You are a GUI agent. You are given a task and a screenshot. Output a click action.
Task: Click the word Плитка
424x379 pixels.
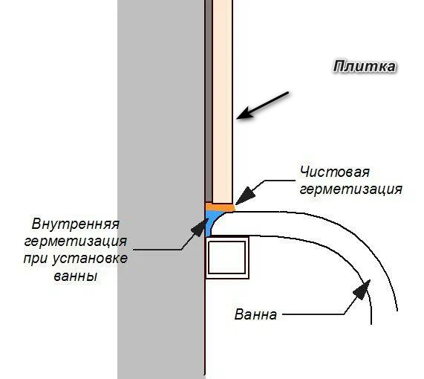point(365,67)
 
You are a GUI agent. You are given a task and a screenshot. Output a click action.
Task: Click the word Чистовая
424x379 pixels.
point(334,172)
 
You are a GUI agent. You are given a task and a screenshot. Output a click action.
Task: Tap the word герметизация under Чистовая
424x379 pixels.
point(351,189)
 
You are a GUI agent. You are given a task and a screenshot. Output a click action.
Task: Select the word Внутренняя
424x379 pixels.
point(76,224)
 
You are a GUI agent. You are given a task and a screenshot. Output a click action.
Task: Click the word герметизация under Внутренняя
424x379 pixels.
point(76,242)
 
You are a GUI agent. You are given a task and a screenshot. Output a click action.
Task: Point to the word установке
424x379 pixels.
point(90,259)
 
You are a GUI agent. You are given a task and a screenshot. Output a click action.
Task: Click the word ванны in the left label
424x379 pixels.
point(76,276)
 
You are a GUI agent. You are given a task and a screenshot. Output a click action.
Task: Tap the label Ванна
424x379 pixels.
point(255,314)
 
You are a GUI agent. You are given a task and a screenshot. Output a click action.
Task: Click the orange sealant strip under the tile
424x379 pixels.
point(220,207)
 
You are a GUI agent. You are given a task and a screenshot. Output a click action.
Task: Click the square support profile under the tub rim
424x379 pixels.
point(227,257)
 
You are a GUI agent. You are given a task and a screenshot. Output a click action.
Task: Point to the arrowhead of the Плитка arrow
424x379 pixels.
point(246,114)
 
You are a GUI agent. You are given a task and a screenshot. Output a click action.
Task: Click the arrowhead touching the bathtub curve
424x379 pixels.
point(362,290)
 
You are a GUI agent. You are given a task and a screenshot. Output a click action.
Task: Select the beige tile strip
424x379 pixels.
point(223,102)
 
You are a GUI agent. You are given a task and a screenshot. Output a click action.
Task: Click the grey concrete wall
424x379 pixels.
point(161,189)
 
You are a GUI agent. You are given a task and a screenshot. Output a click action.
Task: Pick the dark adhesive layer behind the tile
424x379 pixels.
point(209,101)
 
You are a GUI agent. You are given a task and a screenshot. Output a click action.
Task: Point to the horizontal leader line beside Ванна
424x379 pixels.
point(313,314)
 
